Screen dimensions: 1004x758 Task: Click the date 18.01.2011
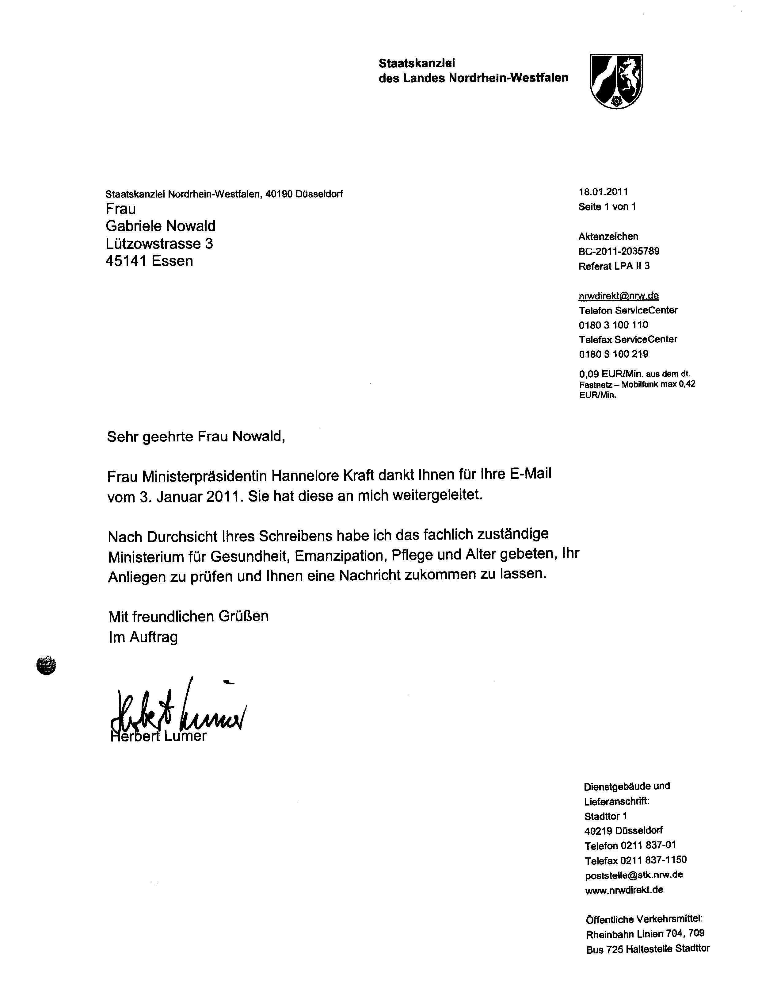click(603, 192)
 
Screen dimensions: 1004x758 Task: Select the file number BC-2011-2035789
click(619, 251)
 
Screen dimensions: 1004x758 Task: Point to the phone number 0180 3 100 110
click(613, 325)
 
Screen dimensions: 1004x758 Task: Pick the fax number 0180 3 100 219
click(613, 354)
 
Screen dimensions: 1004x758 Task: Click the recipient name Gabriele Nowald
click(161, 226)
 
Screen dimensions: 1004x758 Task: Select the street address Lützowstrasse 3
click(159, 244)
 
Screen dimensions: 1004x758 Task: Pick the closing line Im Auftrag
click(143, 637)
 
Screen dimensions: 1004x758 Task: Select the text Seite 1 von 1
click(607, 207)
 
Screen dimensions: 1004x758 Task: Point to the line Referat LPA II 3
click(614, 266)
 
